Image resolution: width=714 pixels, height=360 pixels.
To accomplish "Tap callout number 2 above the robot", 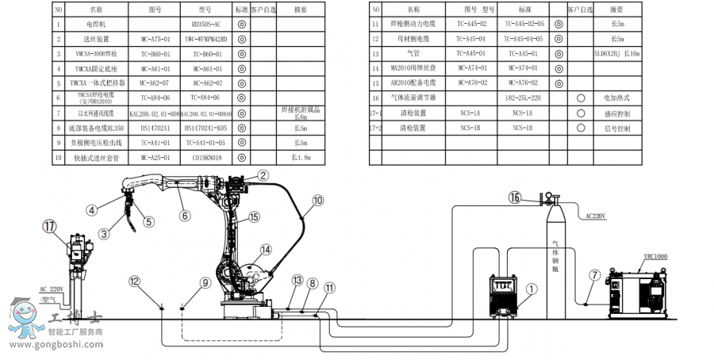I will coord(263,176).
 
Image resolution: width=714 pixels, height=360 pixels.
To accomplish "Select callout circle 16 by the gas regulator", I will coord(515,198).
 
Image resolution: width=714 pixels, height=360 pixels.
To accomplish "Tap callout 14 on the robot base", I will coord(267,250).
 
